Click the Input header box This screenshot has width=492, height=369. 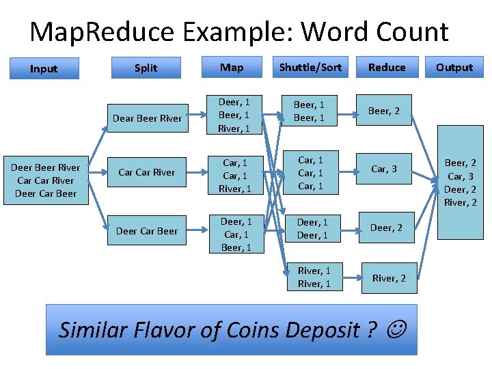point(44,68)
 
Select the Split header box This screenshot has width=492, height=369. point(146,68)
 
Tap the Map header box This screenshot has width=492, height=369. point(231,67)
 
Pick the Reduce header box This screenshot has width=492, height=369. point(387,67)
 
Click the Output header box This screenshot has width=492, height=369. point(454,67)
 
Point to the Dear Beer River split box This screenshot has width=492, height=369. point(147,118)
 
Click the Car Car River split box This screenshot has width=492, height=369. point(147,172)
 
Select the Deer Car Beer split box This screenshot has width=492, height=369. point(147,231)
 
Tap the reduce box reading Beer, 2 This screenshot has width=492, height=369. point(385,111)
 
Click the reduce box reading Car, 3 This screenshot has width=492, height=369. point(385,169)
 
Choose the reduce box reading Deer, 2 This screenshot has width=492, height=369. point(386,228)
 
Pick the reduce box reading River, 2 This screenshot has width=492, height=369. point(388,277)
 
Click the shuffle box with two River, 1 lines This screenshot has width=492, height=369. point(314,277)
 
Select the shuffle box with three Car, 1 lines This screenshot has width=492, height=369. point(311,173)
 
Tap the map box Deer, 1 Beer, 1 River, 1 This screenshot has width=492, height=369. point(234,115)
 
